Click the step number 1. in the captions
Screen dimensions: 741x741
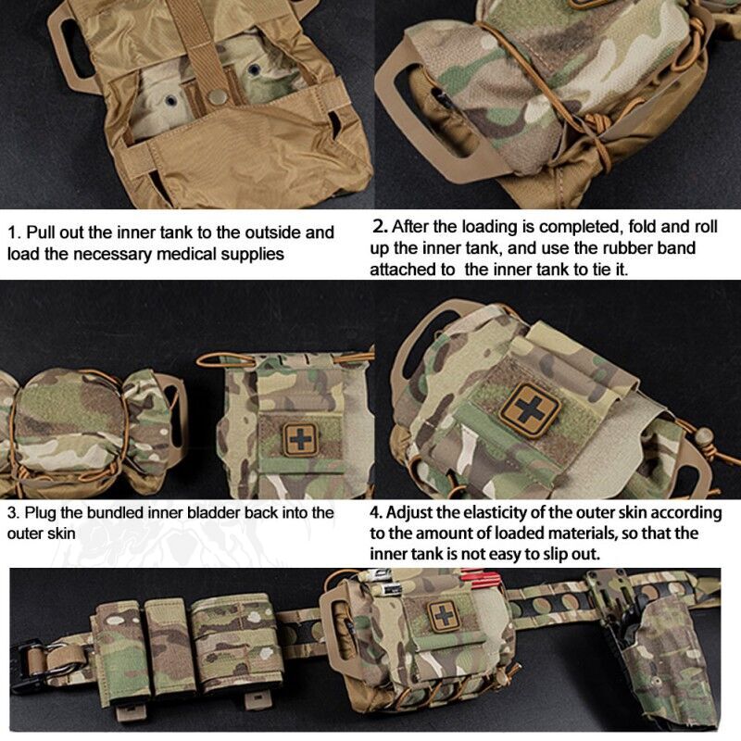(x=13, y=232)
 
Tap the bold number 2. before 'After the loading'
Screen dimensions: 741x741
(x=379, y=225)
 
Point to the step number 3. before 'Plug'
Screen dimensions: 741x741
(x=13, y=513)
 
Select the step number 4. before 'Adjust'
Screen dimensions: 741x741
(x=376, y=512)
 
